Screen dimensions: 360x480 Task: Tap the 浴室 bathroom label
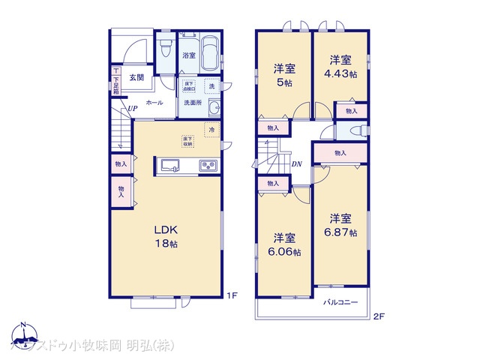188,55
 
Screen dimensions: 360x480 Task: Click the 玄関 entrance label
136,77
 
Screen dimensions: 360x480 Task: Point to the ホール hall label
154,102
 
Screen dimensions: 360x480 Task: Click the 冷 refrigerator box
211,128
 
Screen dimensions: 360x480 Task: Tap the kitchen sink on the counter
167,165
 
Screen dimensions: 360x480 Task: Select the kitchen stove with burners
207,165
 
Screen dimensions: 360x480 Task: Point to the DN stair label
296,163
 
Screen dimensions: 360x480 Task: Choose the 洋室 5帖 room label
283,74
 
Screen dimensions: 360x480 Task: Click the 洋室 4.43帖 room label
340,65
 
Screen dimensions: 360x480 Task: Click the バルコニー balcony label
340,303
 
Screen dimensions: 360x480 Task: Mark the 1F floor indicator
232,295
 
